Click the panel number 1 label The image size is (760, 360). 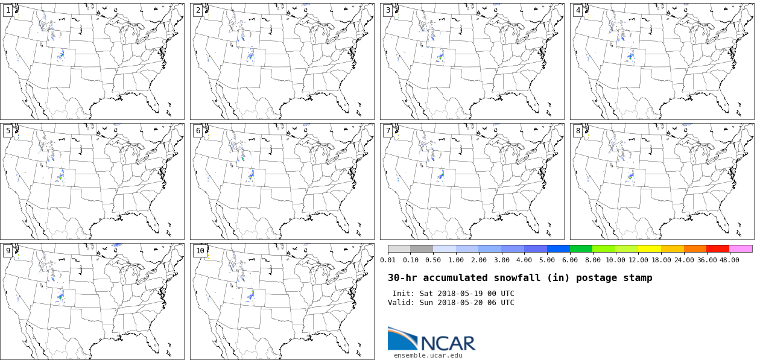coord(8,10)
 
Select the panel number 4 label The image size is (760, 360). coord(578,10)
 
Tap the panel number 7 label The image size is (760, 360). coord(388,131)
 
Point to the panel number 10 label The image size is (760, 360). coord(200,251)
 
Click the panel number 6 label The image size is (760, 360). coord(198,131)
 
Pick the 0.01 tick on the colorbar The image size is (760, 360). coord(388,260)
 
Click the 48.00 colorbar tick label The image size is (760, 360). coord(729,260)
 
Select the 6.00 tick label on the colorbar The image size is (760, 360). coord(569,260)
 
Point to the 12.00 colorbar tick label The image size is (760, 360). coord(638,260)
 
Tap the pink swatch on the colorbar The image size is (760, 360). coord(741,248)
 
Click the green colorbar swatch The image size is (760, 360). coord(581,248)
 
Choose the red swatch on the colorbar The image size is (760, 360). coord(718,248)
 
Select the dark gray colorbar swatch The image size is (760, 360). coord(422,248)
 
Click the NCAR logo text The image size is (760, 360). coord(448,343)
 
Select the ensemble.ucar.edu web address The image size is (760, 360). coord(428,356)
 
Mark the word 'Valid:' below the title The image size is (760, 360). coord(401,303)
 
